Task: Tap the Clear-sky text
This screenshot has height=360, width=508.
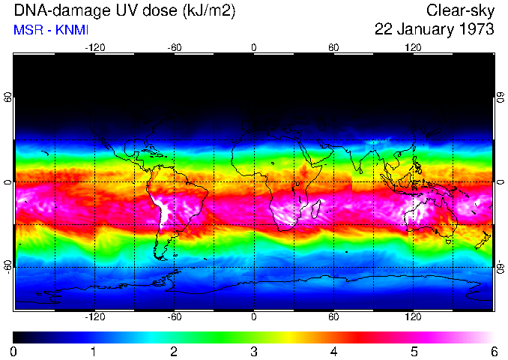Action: click(459, 11)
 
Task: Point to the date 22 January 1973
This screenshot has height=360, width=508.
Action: click(434, 30)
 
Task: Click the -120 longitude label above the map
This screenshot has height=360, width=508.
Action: click(94, 47)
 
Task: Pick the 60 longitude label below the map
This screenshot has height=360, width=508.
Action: click(333, 316)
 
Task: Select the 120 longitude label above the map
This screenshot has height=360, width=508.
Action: click(413, 47)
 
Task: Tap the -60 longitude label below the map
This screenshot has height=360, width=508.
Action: click(174, 316)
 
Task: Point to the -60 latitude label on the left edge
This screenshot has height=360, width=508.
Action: click(8, 267)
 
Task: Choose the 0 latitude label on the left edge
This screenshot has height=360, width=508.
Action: click(8, 182)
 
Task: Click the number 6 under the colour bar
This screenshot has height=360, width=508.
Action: click(494, 351)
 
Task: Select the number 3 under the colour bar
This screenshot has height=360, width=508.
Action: click(253, 351)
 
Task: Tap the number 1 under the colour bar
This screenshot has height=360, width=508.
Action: click(94, 351)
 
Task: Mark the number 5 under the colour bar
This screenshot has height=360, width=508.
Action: click(414, 351)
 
